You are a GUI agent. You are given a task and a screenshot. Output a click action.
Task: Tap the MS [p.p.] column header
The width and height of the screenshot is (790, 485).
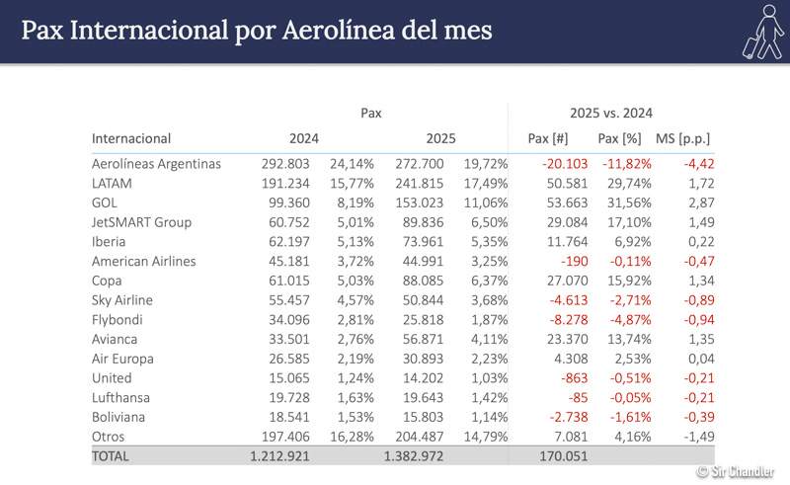(x=682, y=138)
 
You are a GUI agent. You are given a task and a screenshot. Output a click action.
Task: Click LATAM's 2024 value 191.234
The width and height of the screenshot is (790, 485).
(x=286, y=183)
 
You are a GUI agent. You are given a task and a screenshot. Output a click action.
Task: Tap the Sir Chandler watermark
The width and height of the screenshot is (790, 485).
(x=735, y=473)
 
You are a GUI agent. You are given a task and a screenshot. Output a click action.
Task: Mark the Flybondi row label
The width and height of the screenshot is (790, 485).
(x=121, y=319)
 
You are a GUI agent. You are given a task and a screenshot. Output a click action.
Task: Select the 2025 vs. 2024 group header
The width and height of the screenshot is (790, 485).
(x=610, y=113)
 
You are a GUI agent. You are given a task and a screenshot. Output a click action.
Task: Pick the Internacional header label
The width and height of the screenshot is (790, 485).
(x=131, y=138)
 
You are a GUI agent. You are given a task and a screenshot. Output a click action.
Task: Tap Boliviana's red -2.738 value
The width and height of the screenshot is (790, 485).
(x=568, y=417)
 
